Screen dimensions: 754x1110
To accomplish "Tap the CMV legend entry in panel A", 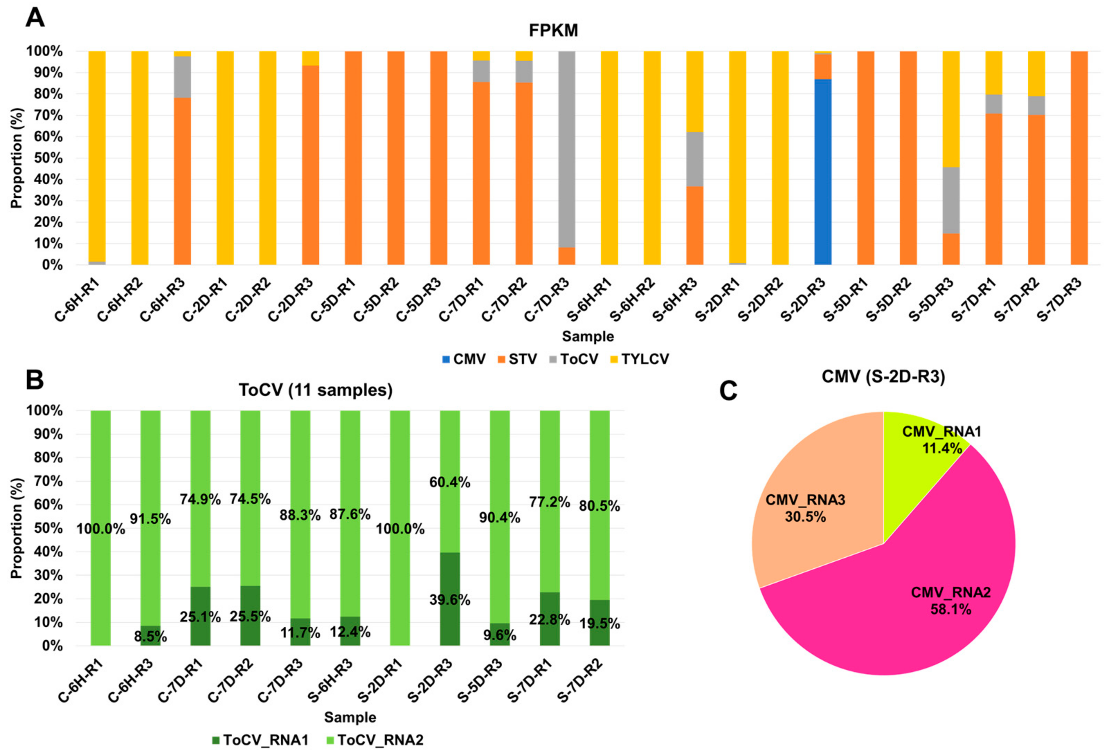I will (463, 359).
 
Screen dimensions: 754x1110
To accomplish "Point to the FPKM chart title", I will (553, 30).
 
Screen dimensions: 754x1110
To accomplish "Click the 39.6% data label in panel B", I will (450, 600).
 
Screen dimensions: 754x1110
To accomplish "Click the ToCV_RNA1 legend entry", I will (260, 740).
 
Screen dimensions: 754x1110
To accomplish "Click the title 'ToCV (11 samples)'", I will (315, 390).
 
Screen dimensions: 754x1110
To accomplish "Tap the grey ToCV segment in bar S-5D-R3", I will (951, 201).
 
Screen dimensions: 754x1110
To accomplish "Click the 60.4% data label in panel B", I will (450, 483).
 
